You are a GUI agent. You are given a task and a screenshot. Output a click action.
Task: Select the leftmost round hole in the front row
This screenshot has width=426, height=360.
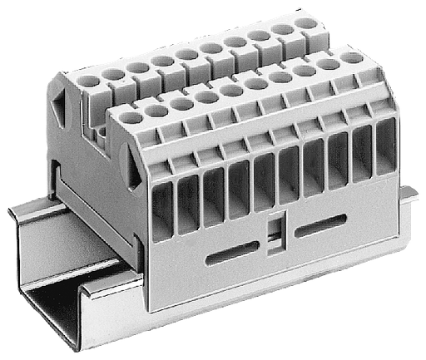tap(131, 117)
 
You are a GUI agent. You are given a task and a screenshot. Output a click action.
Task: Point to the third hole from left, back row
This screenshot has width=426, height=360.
tap(138, 67)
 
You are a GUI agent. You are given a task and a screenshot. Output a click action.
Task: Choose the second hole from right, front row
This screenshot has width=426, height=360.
tap(328, 63)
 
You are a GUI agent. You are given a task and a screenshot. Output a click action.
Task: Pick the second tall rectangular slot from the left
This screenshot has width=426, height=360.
tap(187, 203)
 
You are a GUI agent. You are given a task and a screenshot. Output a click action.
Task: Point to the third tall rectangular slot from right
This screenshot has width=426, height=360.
tap(338, 160)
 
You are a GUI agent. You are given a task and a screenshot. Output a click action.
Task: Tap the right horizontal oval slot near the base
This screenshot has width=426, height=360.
tap(320, 226)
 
